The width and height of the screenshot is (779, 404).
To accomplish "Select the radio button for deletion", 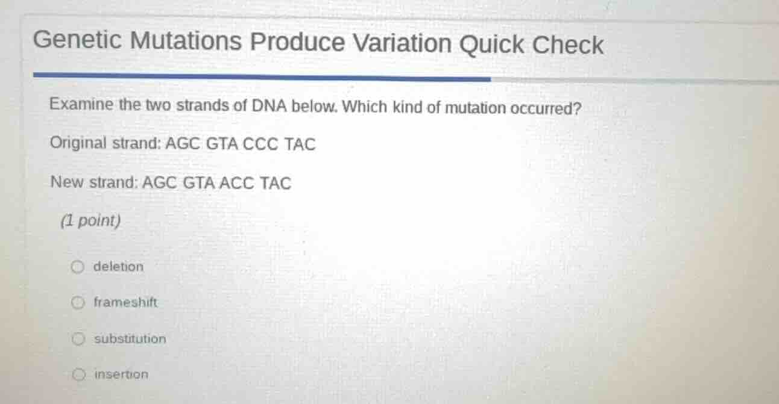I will click(x=77, y=267).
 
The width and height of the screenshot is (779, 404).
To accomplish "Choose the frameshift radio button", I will click(x=77, y=303).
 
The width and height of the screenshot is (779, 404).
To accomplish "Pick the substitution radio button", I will click(x=77, y=339).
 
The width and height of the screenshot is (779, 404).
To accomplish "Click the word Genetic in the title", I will click(x=78, y=41).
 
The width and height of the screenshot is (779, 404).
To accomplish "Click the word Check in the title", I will click(x=567, y=45).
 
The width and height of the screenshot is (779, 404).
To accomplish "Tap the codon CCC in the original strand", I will click(x=260, y=145).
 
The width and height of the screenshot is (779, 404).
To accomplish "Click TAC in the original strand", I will click(x=300, y=145).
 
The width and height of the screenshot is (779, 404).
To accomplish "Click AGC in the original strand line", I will click(x=184, y=145).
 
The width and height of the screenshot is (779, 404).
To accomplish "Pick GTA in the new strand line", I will click(x=198, y=183).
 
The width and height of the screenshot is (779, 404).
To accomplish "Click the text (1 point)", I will click(x=91, y=221).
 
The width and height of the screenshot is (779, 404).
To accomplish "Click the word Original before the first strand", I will click(x=78, y=143).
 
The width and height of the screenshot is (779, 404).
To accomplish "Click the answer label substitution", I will click(x=130, y=339).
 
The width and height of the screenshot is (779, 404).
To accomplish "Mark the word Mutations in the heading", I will click(x=186, y=42).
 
